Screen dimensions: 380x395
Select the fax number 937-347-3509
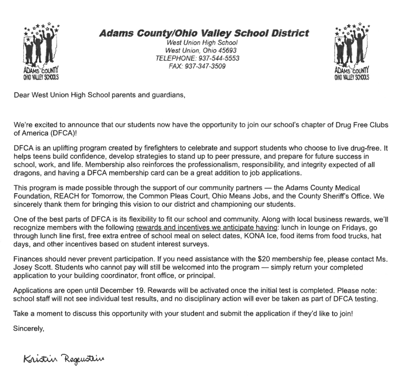(204, 66)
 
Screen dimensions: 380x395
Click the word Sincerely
(28, 329)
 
